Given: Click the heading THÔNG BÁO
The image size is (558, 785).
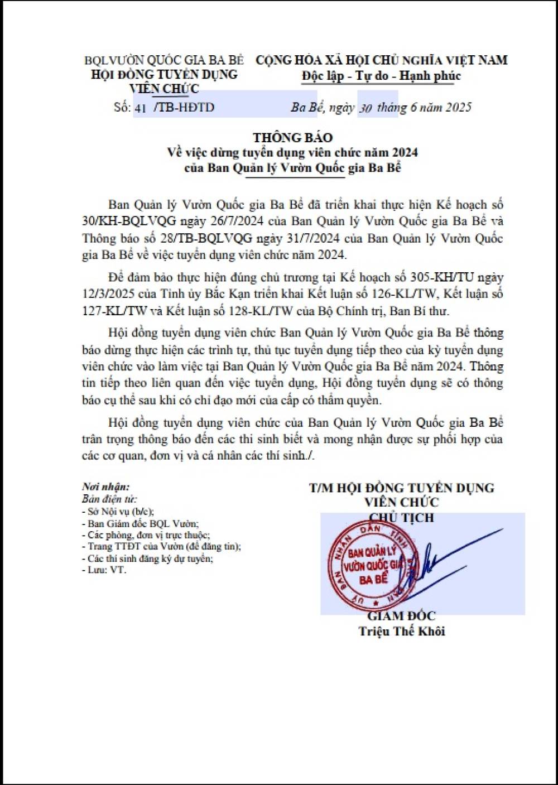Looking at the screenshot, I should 292,138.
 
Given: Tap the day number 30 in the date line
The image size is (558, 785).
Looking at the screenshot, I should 365,108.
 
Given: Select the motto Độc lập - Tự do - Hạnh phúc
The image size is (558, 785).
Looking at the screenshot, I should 381,76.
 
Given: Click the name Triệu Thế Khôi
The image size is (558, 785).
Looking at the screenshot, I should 402,632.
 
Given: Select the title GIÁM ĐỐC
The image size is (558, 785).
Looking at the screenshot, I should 401,616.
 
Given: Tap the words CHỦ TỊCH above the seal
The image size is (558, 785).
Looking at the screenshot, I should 401,518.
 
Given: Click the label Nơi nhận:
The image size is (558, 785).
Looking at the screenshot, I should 105,487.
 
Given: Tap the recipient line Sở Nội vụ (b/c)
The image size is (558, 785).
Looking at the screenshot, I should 120,511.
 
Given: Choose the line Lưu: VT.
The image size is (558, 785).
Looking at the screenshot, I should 106,570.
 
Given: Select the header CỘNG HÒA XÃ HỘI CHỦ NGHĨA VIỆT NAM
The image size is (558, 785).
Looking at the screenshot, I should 382,60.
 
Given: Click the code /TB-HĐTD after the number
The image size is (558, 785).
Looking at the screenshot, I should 184,108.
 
